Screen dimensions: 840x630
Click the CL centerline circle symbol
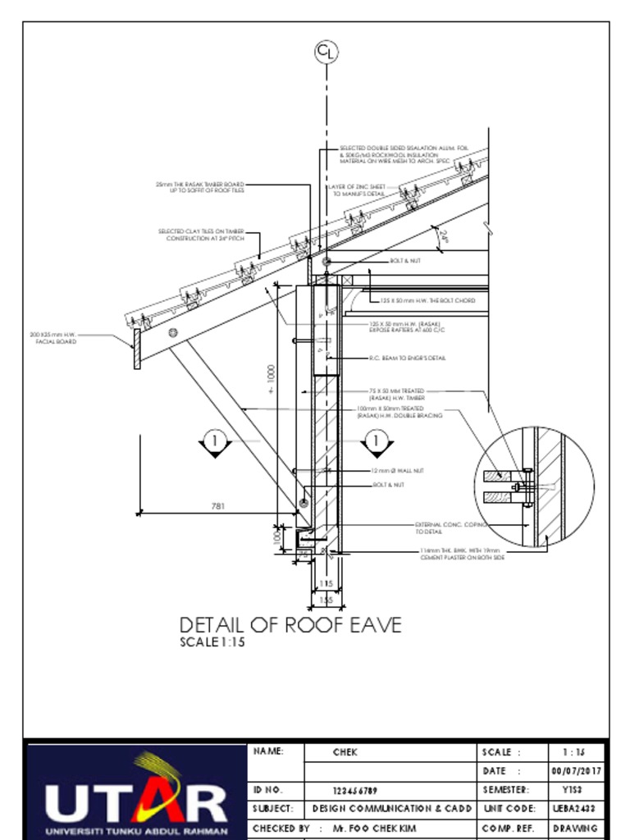click(326, 52)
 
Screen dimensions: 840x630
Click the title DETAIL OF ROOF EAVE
click(290, 625)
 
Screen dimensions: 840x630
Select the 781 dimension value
click(217, 507)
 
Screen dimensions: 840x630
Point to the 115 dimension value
click(326, 583)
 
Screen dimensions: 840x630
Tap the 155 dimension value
click(326, 600)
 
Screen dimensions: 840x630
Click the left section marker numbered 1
click(215, 441)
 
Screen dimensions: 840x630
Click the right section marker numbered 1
click(377, 441)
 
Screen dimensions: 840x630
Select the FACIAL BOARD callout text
click(53, 338)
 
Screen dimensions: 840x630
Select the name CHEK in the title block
click(345, 751)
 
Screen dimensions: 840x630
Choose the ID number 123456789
click(355, 791)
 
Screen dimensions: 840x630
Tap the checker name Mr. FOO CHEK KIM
click(381, 829)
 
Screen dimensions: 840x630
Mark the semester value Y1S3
click(575, 791)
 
